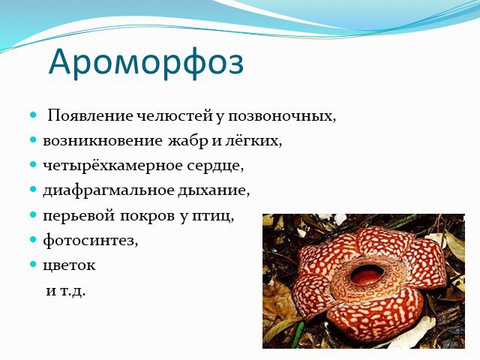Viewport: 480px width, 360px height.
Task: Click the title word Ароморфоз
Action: pyautogui.click(x=146, y=63)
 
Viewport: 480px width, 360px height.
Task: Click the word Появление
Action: pyautogui.click(x=90, y=116)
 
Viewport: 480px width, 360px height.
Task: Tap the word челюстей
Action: pyautogui.click(x=174, y=116)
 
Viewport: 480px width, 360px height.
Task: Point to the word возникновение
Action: pyautogui.click(x=102, y=141)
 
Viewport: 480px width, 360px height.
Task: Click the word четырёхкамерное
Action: pyautogui.click(x=112, y=166)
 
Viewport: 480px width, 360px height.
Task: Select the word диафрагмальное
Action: pyautogui.click(x=108, y=191)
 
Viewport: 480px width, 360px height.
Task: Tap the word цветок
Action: pyautogui.click(x=69, y=265)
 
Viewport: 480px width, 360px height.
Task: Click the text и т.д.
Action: pyautogui.click(x=65, y=290)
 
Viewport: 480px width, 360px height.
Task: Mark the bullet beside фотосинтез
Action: pyautogui.click(x=33, y=239)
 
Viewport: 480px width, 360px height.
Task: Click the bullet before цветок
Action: pyautogui.click(x=33, y=264)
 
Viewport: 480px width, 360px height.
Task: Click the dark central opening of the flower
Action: pyautogui.click(x=367, y=274)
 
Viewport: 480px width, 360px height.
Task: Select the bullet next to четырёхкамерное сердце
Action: pyautogui.click(x=33, y=165)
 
